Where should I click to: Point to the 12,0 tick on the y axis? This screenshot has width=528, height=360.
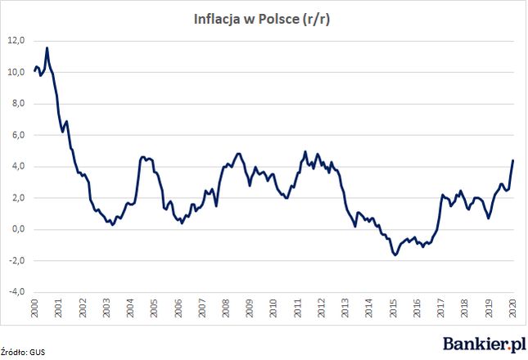pyautogui.click(x=17, y=40)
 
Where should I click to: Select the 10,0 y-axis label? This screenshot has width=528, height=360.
pyautogui.click(x=17, y=72)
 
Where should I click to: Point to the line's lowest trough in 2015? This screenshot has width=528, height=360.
pyautogui.click(x=395, y=255)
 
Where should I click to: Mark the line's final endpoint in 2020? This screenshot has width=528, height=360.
pyautogui.click(x=513, y=160)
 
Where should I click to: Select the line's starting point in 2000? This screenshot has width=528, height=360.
pyautogui.click(x=34, y=71)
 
